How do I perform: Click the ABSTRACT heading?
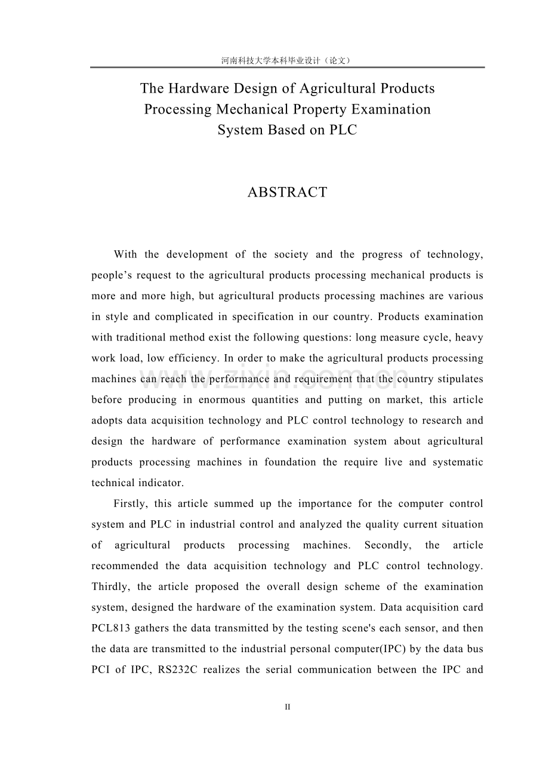pos(287,192)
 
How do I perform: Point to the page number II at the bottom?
pos(287,707)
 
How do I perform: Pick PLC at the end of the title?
pos(343,130)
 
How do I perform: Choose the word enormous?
pos(223,400)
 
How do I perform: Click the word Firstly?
pos(129,503)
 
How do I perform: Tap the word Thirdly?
pos(110,586)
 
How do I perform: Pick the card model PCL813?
pos(111,628)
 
